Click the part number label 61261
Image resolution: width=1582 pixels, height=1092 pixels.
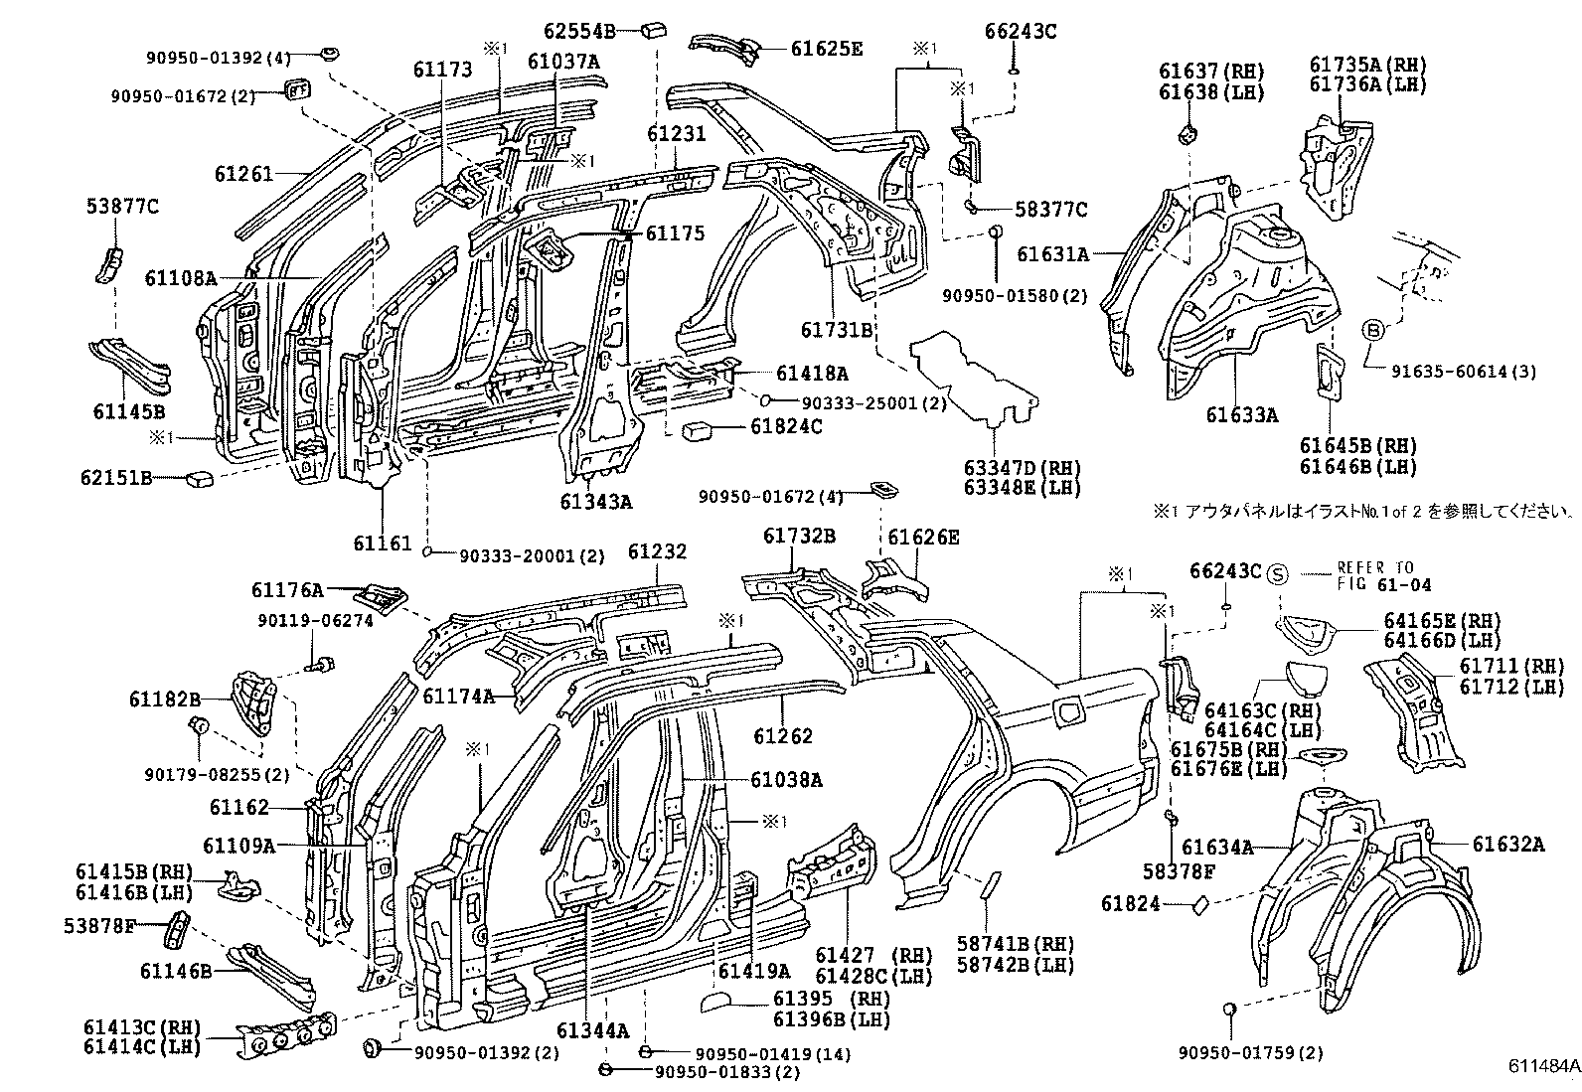pos(243,174)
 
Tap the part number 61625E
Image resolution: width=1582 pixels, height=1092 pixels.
pos(827,47)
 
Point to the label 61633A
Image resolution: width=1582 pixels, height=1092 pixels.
pos(1242,414)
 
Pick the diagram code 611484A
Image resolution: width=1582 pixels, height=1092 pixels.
pos(1543,1066)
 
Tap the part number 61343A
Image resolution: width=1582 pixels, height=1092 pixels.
pos(595,502)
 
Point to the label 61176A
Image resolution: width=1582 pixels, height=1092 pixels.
pos(287,590)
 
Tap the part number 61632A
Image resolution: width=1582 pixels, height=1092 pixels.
pos(1508,845)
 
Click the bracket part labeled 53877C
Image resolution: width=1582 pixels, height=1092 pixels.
pos(108,264)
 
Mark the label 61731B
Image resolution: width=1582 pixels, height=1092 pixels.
pos(837,329)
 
